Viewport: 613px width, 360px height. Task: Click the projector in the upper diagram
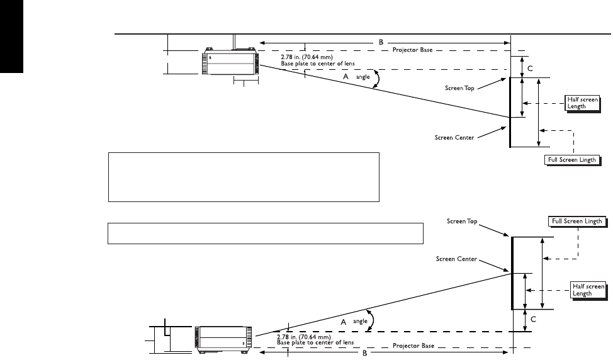tap(229, 62)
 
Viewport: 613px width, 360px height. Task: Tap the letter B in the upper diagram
tap(381, 42)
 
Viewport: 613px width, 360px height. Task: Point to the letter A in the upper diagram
tap(345, 76)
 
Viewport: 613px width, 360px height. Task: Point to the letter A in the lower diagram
tap(344, 321)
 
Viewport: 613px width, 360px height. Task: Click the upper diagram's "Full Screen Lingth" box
tap(570, 160)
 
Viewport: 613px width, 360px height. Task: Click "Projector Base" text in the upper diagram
tap(412, 50)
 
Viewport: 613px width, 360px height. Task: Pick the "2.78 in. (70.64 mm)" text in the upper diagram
tap(306, 56)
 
